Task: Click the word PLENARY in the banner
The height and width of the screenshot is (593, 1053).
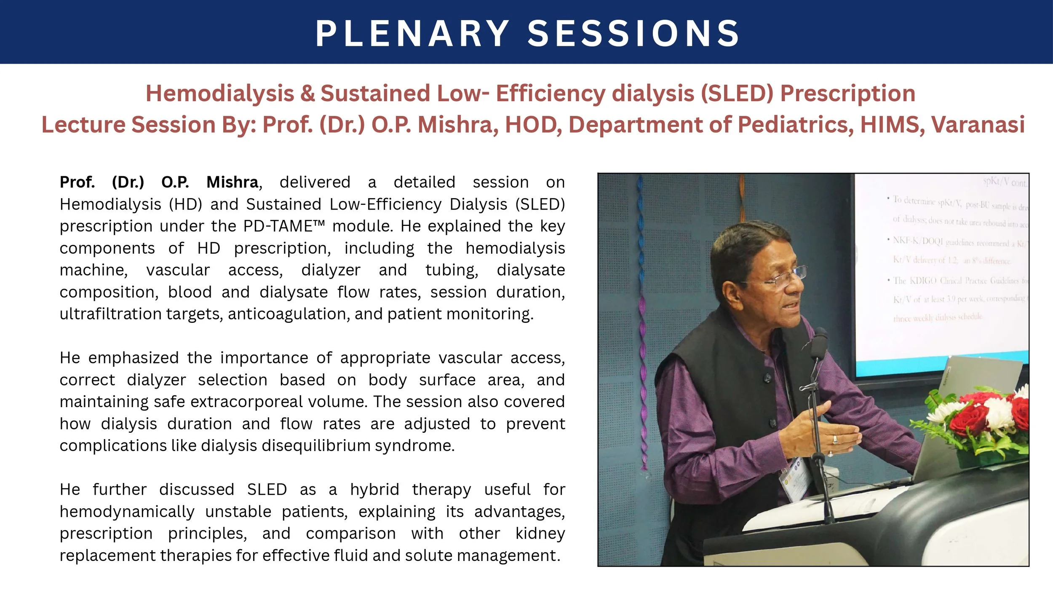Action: pos(412,34)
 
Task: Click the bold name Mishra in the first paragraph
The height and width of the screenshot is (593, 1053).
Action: pos(232,182)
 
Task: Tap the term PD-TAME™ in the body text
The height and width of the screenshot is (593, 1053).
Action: pos(284,226)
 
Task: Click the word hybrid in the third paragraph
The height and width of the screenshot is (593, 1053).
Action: pos(374,490)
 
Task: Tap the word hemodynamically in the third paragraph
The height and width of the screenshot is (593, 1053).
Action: pos(127,512)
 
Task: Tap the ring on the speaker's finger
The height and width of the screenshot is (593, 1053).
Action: pos(835,440)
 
